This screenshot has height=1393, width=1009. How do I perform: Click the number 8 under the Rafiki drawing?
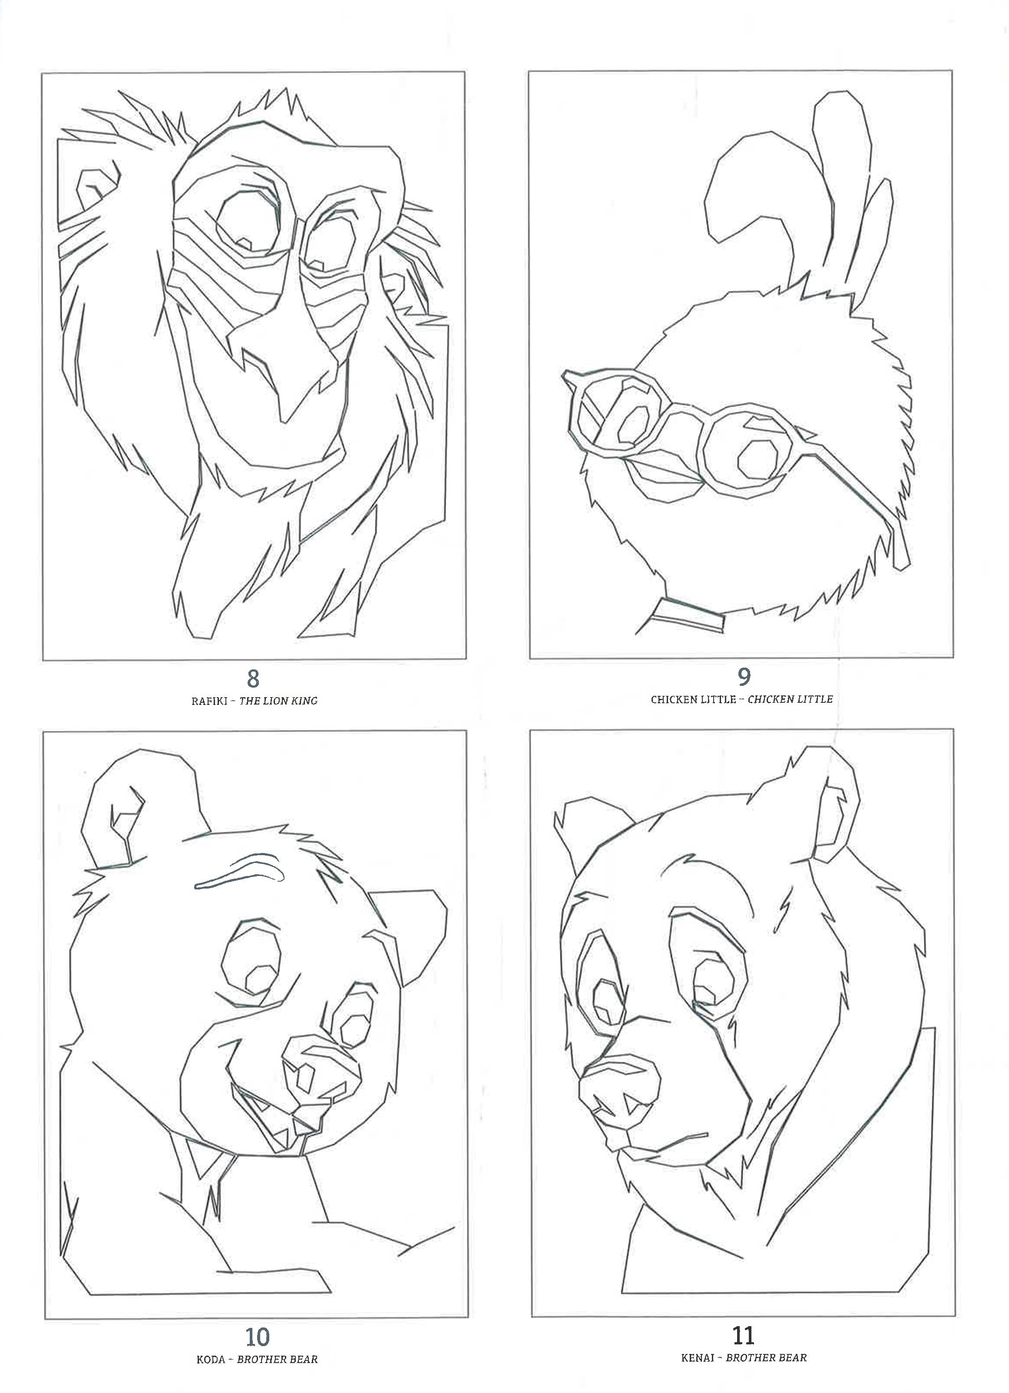[252, 678]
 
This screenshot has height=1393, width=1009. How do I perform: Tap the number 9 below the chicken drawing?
[743, 677]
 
